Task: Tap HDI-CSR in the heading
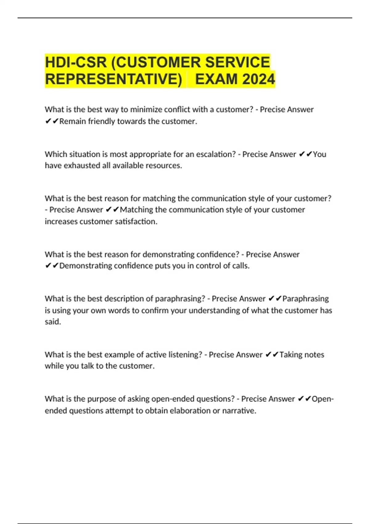click(76, 62)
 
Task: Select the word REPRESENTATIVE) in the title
click(114, 79)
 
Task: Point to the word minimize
click(147, 109)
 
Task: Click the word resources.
click(164, 166)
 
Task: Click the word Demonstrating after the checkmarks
click(85, 266)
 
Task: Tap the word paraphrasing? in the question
click(180, 299)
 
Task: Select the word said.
click(53, 322)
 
